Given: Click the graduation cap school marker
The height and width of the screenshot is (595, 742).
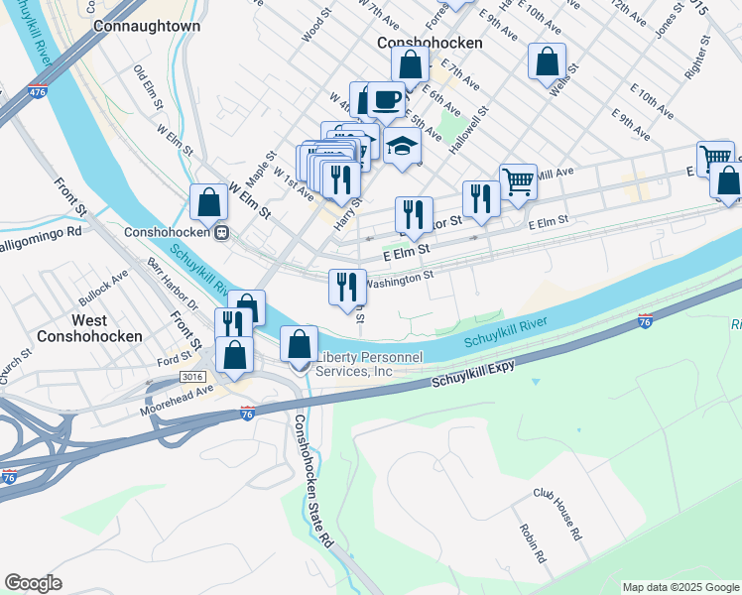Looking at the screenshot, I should point(402,146).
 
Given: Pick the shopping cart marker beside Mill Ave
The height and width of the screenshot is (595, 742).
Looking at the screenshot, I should point(518,181).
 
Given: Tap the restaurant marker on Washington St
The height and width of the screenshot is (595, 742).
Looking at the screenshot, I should point(348,287).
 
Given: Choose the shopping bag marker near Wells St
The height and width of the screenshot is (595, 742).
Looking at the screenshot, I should point(548,61).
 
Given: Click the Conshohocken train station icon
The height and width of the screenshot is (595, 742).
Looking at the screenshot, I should point(224,233).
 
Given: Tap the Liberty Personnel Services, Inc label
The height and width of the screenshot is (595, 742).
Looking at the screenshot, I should point(368,364).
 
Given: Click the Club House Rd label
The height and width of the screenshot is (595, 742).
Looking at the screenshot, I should point(557,513).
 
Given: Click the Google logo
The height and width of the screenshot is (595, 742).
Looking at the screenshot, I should point(34,583).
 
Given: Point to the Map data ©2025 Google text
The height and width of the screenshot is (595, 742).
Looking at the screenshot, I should point(680,587).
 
